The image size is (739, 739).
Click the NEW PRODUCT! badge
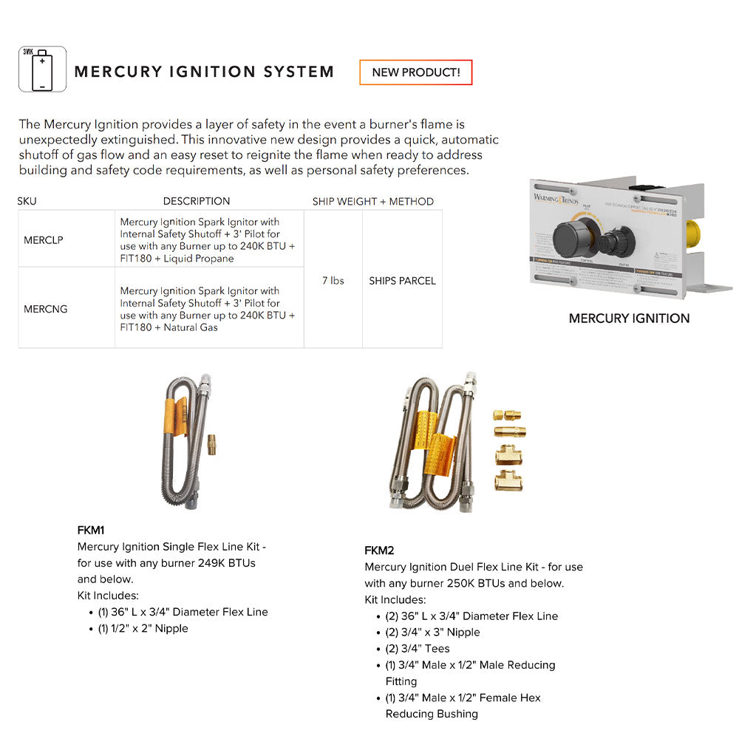tap(415, 72)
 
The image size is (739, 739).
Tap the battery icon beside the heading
tap(42, 69)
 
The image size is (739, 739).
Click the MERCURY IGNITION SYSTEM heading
tap(204, 72)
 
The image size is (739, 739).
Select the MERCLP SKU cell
tap(44, 239)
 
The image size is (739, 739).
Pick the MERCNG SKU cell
tap(46, 309)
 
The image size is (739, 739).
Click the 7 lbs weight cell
tap(333, 280)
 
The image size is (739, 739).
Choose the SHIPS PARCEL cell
tap(402, 281)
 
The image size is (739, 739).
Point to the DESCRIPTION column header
tap(197, 201)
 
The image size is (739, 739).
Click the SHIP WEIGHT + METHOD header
tap(372, 201)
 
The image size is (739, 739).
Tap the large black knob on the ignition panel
tap(573, 236)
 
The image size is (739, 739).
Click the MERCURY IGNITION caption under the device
tap(629, 319)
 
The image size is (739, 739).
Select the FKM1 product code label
tap(91, 530)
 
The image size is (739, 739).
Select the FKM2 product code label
tap(379, 551)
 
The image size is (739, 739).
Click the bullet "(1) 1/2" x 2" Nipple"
tap(143, 628)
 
